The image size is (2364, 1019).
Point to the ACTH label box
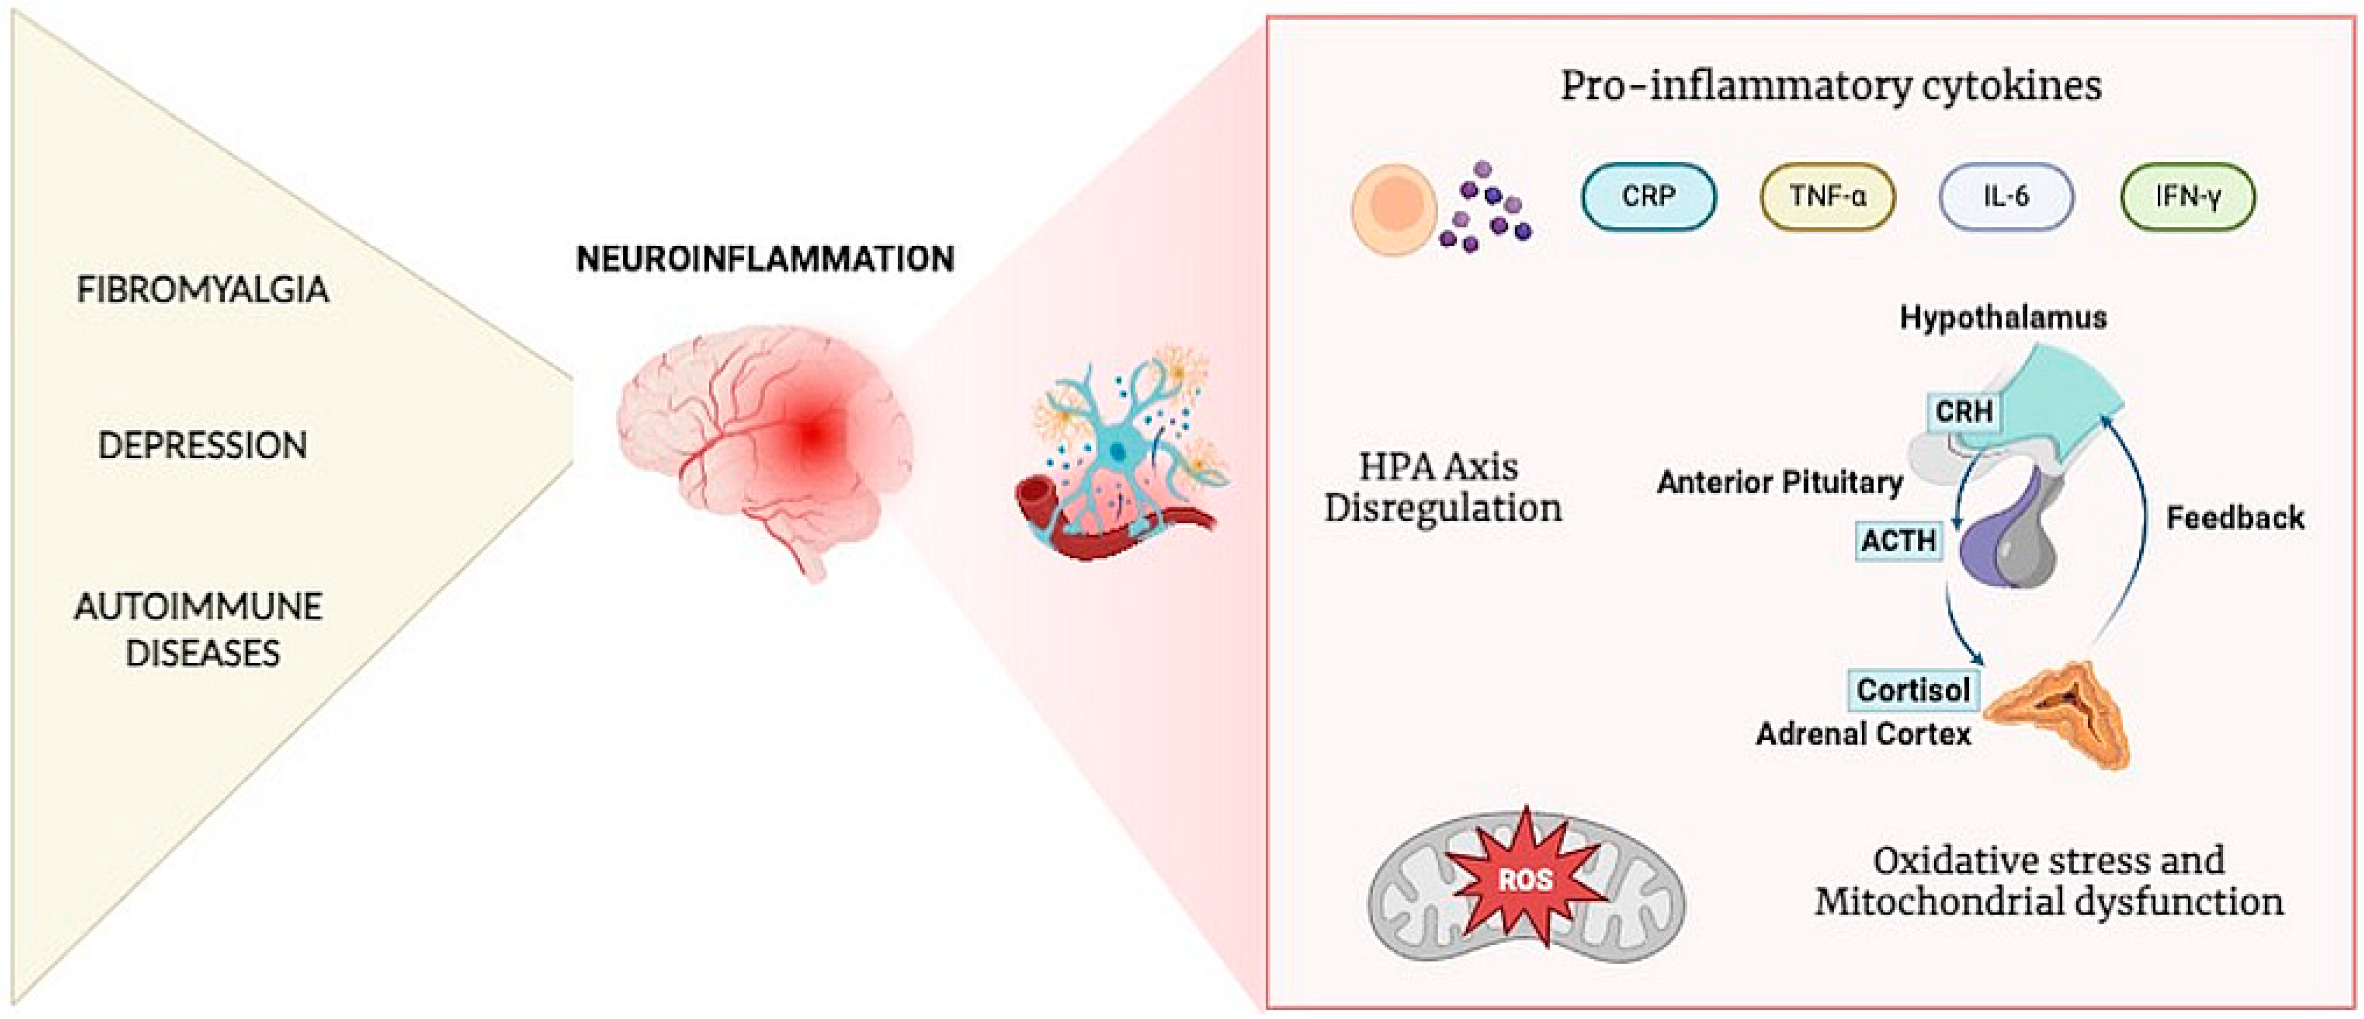click(x=1898, y=540)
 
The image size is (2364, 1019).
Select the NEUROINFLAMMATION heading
click(x=764, y=260)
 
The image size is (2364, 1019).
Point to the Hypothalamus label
click(x=2003, y=317)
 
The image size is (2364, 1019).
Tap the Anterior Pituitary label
click(x=1779, y=483)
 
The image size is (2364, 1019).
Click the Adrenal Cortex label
click(x=1863, y=734)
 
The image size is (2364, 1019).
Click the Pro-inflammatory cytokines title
click(x=1831, y=87)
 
